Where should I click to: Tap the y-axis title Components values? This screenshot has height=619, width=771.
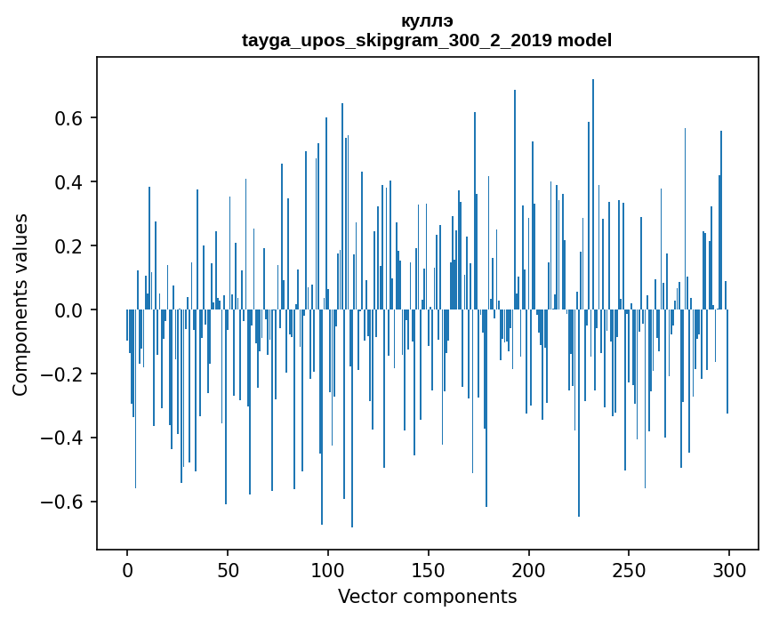pyautogui.click(x=20, y=304)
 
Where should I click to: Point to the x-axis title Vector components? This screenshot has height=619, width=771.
pyautogui.click(x=427, y=596)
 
